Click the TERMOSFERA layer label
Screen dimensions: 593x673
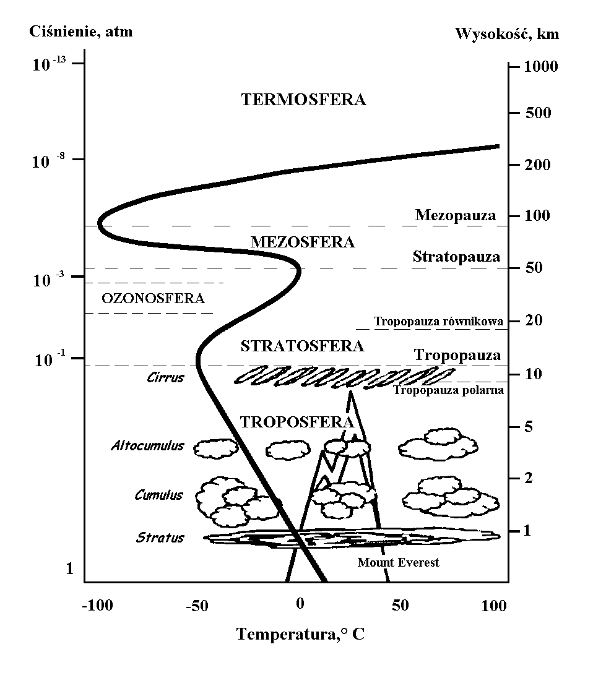click(x=303, y=100)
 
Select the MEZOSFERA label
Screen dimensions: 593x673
click(x=303, y=242)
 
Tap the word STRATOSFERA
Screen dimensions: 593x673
click(x=302, y=346)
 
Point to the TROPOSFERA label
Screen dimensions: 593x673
click(x=296, y=422)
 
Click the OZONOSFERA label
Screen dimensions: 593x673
click(x=153, y=298)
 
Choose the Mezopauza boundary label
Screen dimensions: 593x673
click(x=455, y=215)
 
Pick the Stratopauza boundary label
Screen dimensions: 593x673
click(x=456, y=257)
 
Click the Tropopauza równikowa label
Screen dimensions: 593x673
click(x=438, y=322)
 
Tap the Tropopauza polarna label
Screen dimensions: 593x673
click(x=448, y=390)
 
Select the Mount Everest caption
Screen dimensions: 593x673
click(x=398, y=562)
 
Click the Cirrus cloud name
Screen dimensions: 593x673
click(x=165, y=378)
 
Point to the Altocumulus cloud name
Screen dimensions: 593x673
click(x=148, y=445)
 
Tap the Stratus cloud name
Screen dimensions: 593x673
click(x=160, y=538)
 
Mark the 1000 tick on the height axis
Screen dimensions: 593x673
click(x=540, y=67)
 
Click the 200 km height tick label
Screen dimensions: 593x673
click(x=537, y=165)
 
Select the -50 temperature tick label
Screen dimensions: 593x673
click(x=197, y=606)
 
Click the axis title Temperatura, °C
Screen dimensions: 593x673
click(x=300, y=634)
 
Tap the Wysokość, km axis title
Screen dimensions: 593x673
click(x=507, y=33)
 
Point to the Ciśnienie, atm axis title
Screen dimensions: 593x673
click(x=80, y=32)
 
